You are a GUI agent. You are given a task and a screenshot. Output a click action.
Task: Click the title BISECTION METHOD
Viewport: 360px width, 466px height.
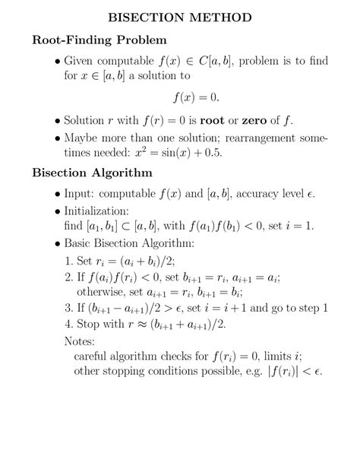click(180, 16)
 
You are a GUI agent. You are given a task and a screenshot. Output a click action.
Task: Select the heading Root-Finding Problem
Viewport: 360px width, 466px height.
click(100, 38)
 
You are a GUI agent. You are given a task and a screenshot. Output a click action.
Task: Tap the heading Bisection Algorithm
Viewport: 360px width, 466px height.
click(93, 173)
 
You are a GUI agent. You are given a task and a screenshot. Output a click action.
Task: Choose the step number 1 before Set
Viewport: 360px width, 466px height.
click(70, 260)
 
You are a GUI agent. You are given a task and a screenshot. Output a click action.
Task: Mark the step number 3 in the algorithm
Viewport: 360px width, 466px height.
click(70, 308)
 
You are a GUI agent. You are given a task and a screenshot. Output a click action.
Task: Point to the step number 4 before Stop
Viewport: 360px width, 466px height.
click(70, 325)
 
